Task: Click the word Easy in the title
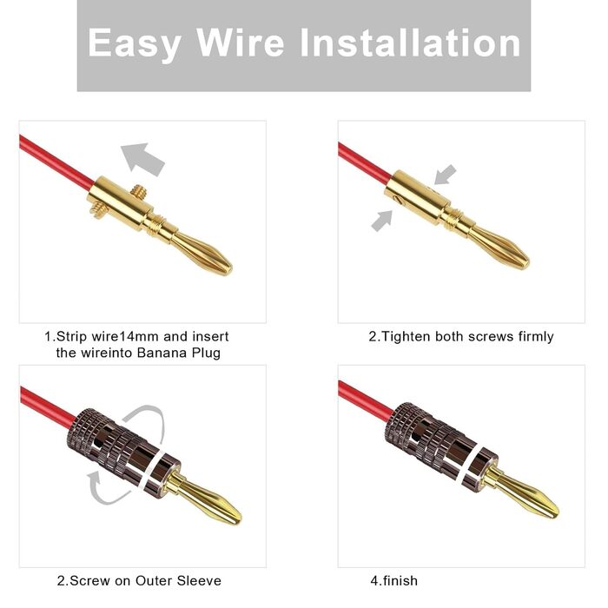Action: coord(134,43)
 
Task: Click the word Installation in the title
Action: coord(410,43)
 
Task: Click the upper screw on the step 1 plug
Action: coord(137,191)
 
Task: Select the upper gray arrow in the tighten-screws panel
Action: coord(445,174)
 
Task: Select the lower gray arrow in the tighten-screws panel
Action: coord(382,221)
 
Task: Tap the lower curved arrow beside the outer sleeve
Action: coord(105,490)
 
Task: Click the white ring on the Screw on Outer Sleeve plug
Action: coord(154,470)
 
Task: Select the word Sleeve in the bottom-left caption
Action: coord(199,580)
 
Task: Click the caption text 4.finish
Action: coord(394,580)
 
